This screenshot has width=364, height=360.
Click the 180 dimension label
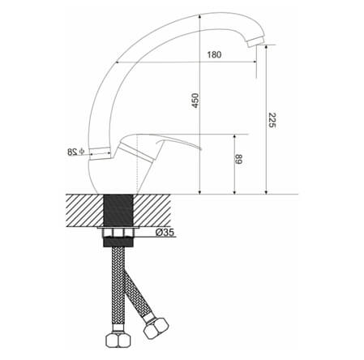[x=214, y=54]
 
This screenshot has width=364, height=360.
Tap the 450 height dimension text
[x=195, y=101]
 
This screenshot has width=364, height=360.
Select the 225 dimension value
[x=272, y=120]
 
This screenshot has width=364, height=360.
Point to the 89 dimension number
[x=238, y=159]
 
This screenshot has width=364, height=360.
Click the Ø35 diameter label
[x=165, y=232]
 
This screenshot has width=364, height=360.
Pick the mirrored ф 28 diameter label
[x=76, y=152]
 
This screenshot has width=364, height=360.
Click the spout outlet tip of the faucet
[x=255, y=43]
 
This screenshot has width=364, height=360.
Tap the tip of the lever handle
[x=200, y=148]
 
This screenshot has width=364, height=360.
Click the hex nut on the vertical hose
[x=118, y=341]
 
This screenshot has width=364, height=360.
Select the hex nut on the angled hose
[x=156, y=328]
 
